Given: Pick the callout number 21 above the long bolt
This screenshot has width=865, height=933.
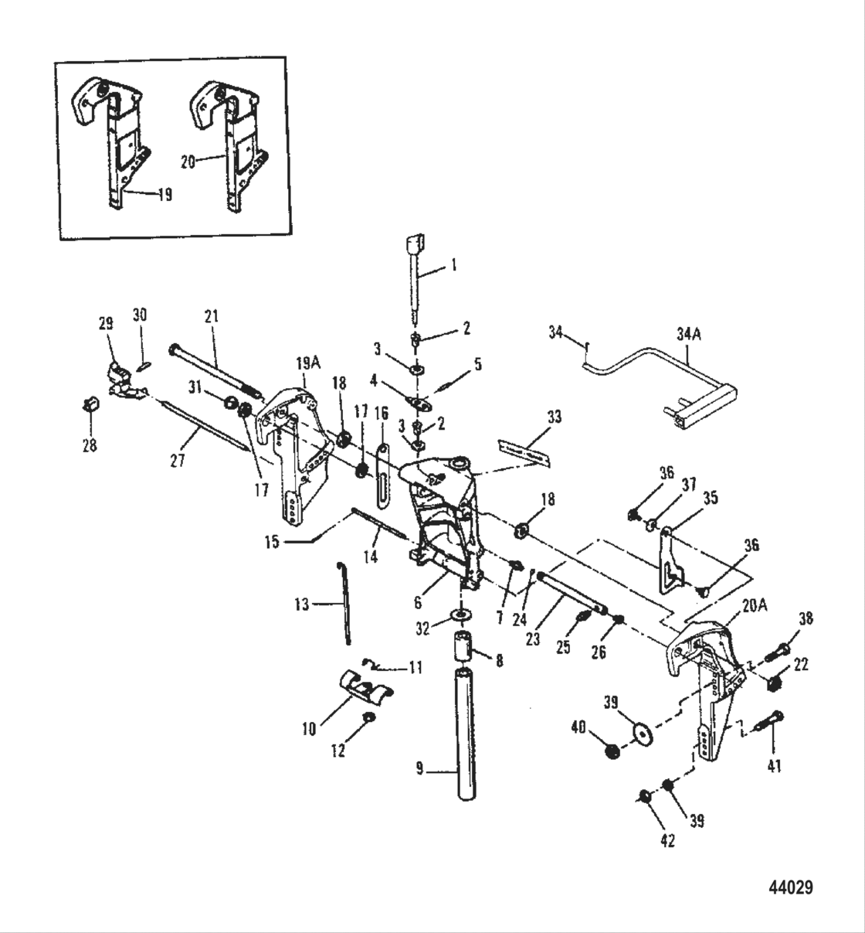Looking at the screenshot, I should (212, 315).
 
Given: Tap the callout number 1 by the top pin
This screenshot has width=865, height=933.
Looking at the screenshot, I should (453, 265).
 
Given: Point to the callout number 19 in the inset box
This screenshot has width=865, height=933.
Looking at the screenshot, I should (165, 195).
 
